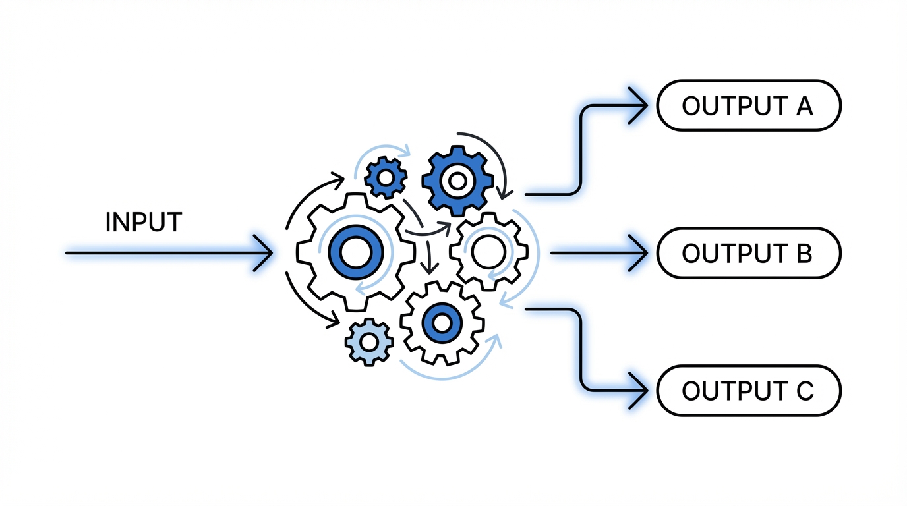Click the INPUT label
143,223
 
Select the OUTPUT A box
748,105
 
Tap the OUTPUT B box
748,253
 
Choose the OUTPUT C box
748,391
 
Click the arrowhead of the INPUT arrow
266,252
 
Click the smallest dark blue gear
386,177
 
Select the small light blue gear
369,341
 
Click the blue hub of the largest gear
356,252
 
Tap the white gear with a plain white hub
488,252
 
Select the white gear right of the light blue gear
442,323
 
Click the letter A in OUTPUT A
804,106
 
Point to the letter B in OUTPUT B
804,254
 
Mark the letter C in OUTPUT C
804,391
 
